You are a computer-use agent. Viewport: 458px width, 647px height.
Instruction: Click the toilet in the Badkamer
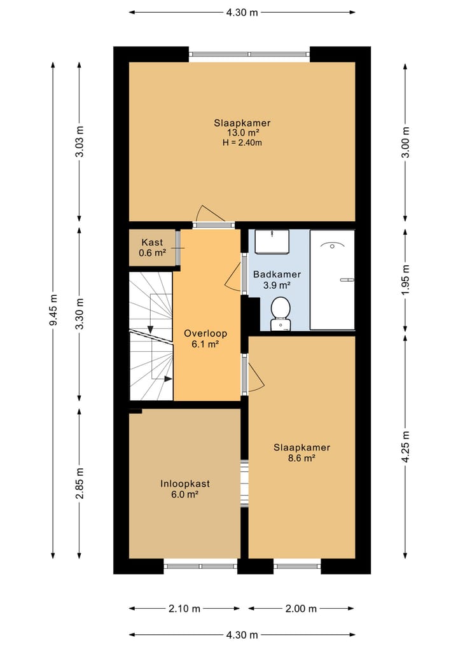pyautogui.click(x=281, y=314)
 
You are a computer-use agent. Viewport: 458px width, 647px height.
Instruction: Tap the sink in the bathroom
pyautogui.click(x=272, y=242)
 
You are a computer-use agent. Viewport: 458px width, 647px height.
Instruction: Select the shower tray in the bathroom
pyautogui.click(x=332, y=280)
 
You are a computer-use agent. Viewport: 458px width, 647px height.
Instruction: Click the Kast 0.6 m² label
pyautogui.click(x=152, y=247)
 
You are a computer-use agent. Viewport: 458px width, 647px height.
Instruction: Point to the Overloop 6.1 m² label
pyautogui.click(x=205, y=338)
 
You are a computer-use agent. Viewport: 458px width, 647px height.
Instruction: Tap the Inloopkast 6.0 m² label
pyautogui.click(x=185, y=489)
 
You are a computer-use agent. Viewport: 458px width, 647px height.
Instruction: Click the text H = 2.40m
pyautogui.click(x=242, y=143)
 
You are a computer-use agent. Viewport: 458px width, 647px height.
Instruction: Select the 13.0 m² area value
pyautogui.click(x=242, y=133)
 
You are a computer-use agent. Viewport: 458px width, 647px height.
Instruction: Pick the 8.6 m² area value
pyautogui.click(x=302, y=458)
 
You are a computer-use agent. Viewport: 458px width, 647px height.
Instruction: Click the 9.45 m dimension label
pyautogui.click(x=53, y=310)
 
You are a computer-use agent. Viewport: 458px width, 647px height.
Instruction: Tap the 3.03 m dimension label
pyautogui.click(x=80, y=141)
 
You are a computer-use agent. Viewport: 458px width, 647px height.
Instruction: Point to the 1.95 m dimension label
pyautogui.click(x=406, y=280)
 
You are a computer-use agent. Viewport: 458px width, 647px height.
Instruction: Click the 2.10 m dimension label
pyautogui.click(x=184, y=609)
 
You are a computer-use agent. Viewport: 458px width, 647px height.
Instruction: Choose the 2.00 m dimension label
pyautogui.click(x=302, y=609)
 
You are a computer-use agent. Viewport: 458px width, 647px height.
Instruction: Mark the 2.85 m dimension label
pyautogui.click(x=80, y=484)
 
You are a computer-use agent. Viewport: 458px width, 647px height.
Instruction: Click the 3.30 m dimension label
pyautogui.click(x=80, y=314)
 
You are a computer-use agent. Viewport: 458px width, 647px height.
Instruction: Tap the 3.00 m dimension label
pyautogui.click(x=406, y=142)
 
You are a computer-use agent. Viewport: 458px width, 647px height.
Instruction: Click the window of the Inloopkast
pyautogui.click(x=200, y=566)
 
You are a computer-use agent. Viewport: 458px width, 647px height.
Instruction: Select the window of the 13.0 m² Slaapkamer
pyautogui.click(x=249, y=54)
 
